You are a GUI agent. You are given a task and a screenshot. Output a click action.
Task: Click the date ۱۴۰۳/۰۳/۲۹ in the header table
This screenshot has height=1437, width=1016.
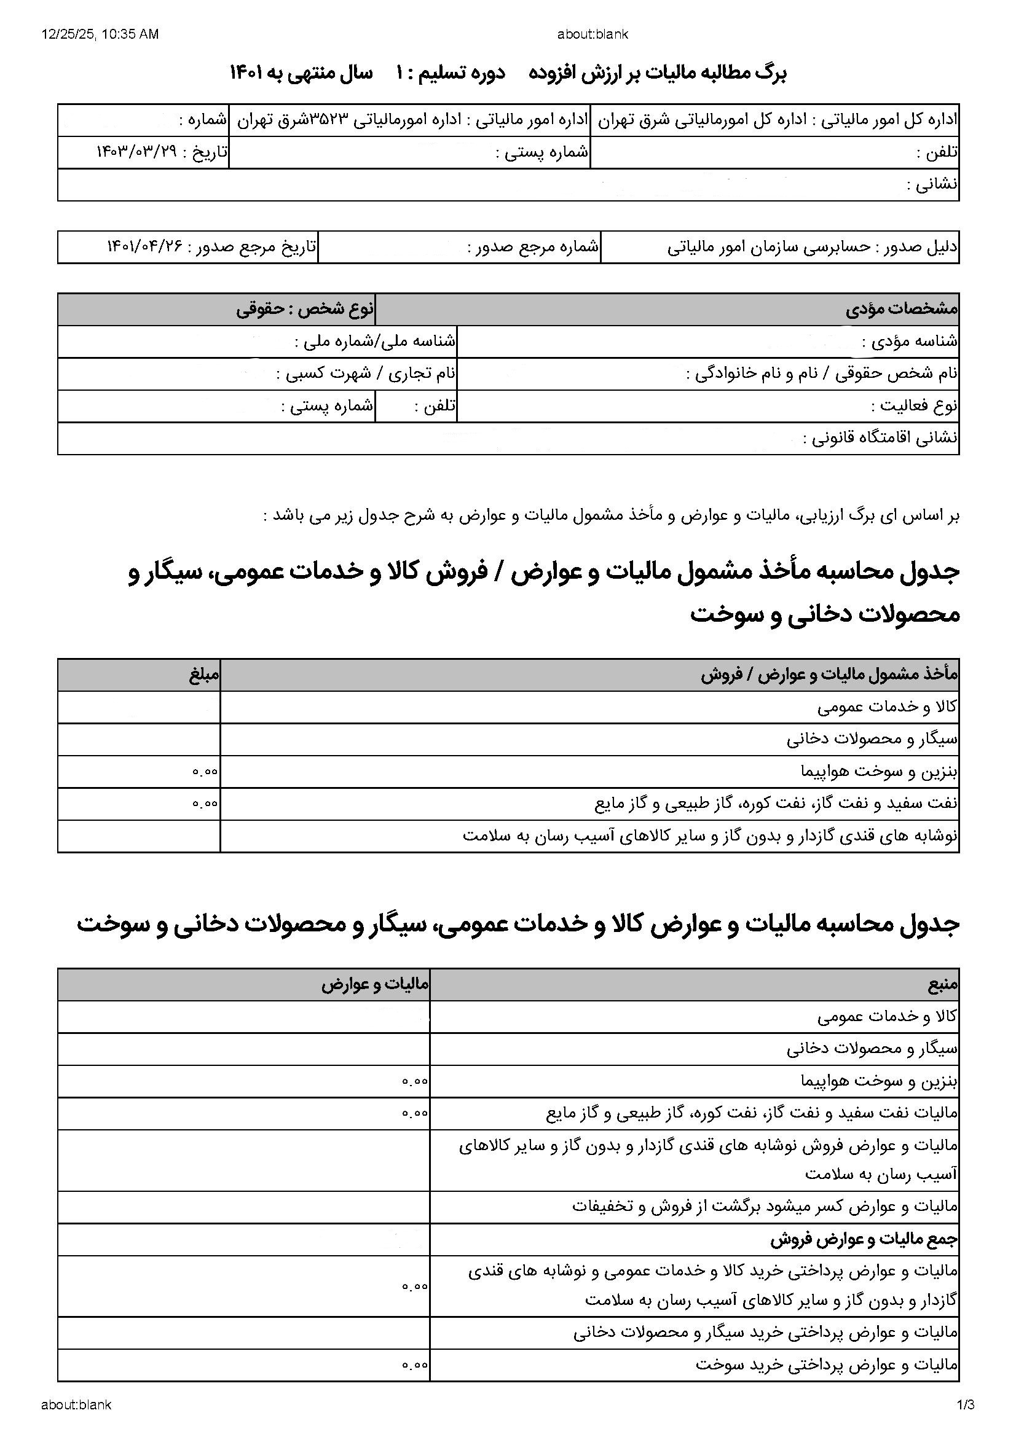[x=136, y=152]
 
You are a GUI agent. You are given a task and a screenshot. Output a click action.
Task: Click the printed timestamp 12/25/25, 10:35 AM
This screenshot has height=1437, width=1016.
[x=100, y=34]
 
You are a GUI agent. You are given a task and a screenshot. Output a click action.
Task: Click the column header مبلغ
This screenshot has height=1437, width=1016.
[x=205, y=675]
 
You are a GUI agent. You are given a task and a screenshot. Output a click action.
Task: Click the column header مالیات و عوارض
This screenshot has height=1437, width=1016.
[x=375, y=985]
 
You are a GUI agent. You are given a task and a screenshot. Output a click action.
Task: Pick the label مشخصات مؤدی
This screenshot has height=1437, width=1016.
[x=902, y=309]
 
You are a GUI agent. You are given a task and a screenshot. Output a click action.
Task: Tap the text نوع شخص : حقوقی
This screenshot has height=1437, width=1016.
[x=305, y=309]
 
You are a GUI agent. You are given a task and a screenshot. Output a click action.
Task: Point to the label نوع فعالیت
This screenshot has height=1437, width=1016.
[x=915, y=406]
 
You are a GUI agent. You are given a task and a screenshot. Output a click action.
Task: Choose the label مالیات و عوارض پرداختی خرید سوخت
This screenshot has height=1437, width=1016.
[x=826, y=1365]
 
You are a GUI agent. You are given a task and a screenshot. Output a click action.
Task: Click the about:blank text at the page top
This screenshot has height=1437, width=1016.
[x=592, y=34]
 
